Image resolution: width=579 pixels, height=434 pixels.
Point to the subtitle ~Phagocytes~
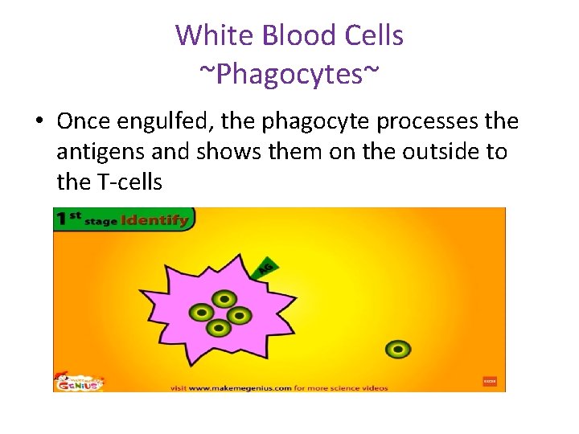[x=289, y=74]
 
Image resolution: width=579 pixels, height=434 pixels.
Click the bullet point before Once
[x=39, y=122]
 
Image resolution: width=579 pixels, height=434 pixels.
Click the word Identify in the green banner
[x=156, y=219]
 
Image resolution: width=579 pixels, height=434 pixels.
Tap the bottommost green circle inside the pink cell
[x=217, y=327]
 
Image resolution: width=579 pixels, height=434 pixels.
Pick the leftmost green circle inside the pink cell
[x=200, y=312]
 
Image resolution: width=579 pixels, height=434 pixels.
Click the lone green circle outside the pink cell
[x=397, y=349]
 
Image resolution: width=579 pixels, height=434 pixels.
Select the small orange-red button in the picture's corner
[x=489, y=381]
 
